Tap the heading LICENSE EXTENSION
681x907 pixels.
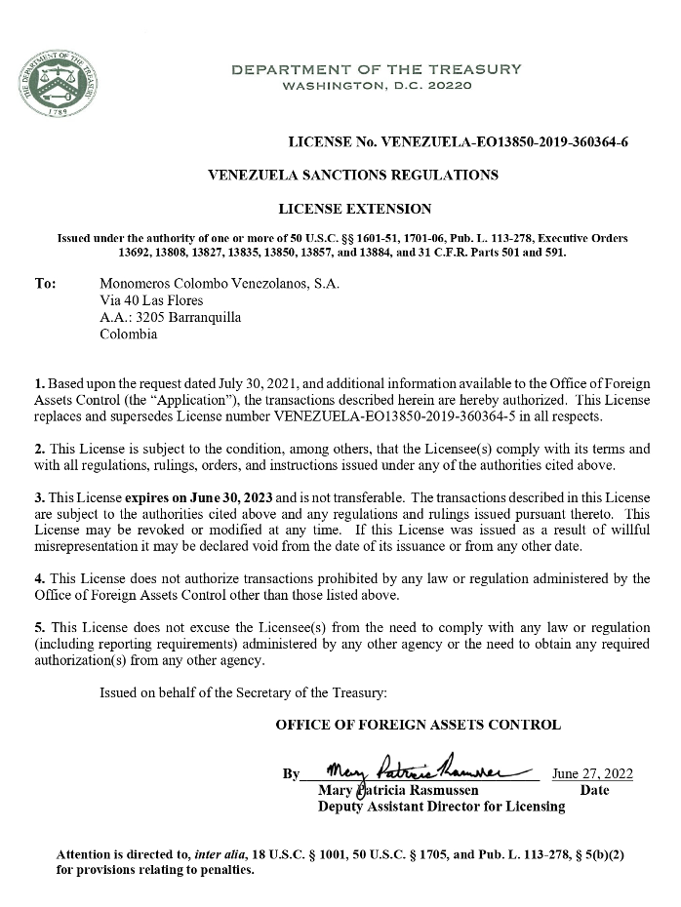[x=354, y=209]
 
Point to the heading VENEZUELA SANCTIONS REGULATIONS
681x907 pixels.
[x=354, y=176]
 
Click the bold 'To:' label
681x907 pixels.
[x=45, y=284]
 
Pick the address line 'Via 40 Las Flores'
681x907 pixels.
[x=151, y=300]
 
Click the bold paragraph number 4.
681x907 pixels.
[x=38, y=578]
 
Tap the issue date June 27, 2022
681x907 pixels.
[x=592, y=773]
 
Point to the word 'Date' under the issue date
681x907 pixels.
[x=594, y=790]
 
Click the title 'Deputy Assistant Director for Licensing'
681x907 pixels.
[x=441, y=807]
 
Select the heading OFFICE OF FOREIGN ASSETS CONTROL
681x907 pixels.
[x=419, y=725]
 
